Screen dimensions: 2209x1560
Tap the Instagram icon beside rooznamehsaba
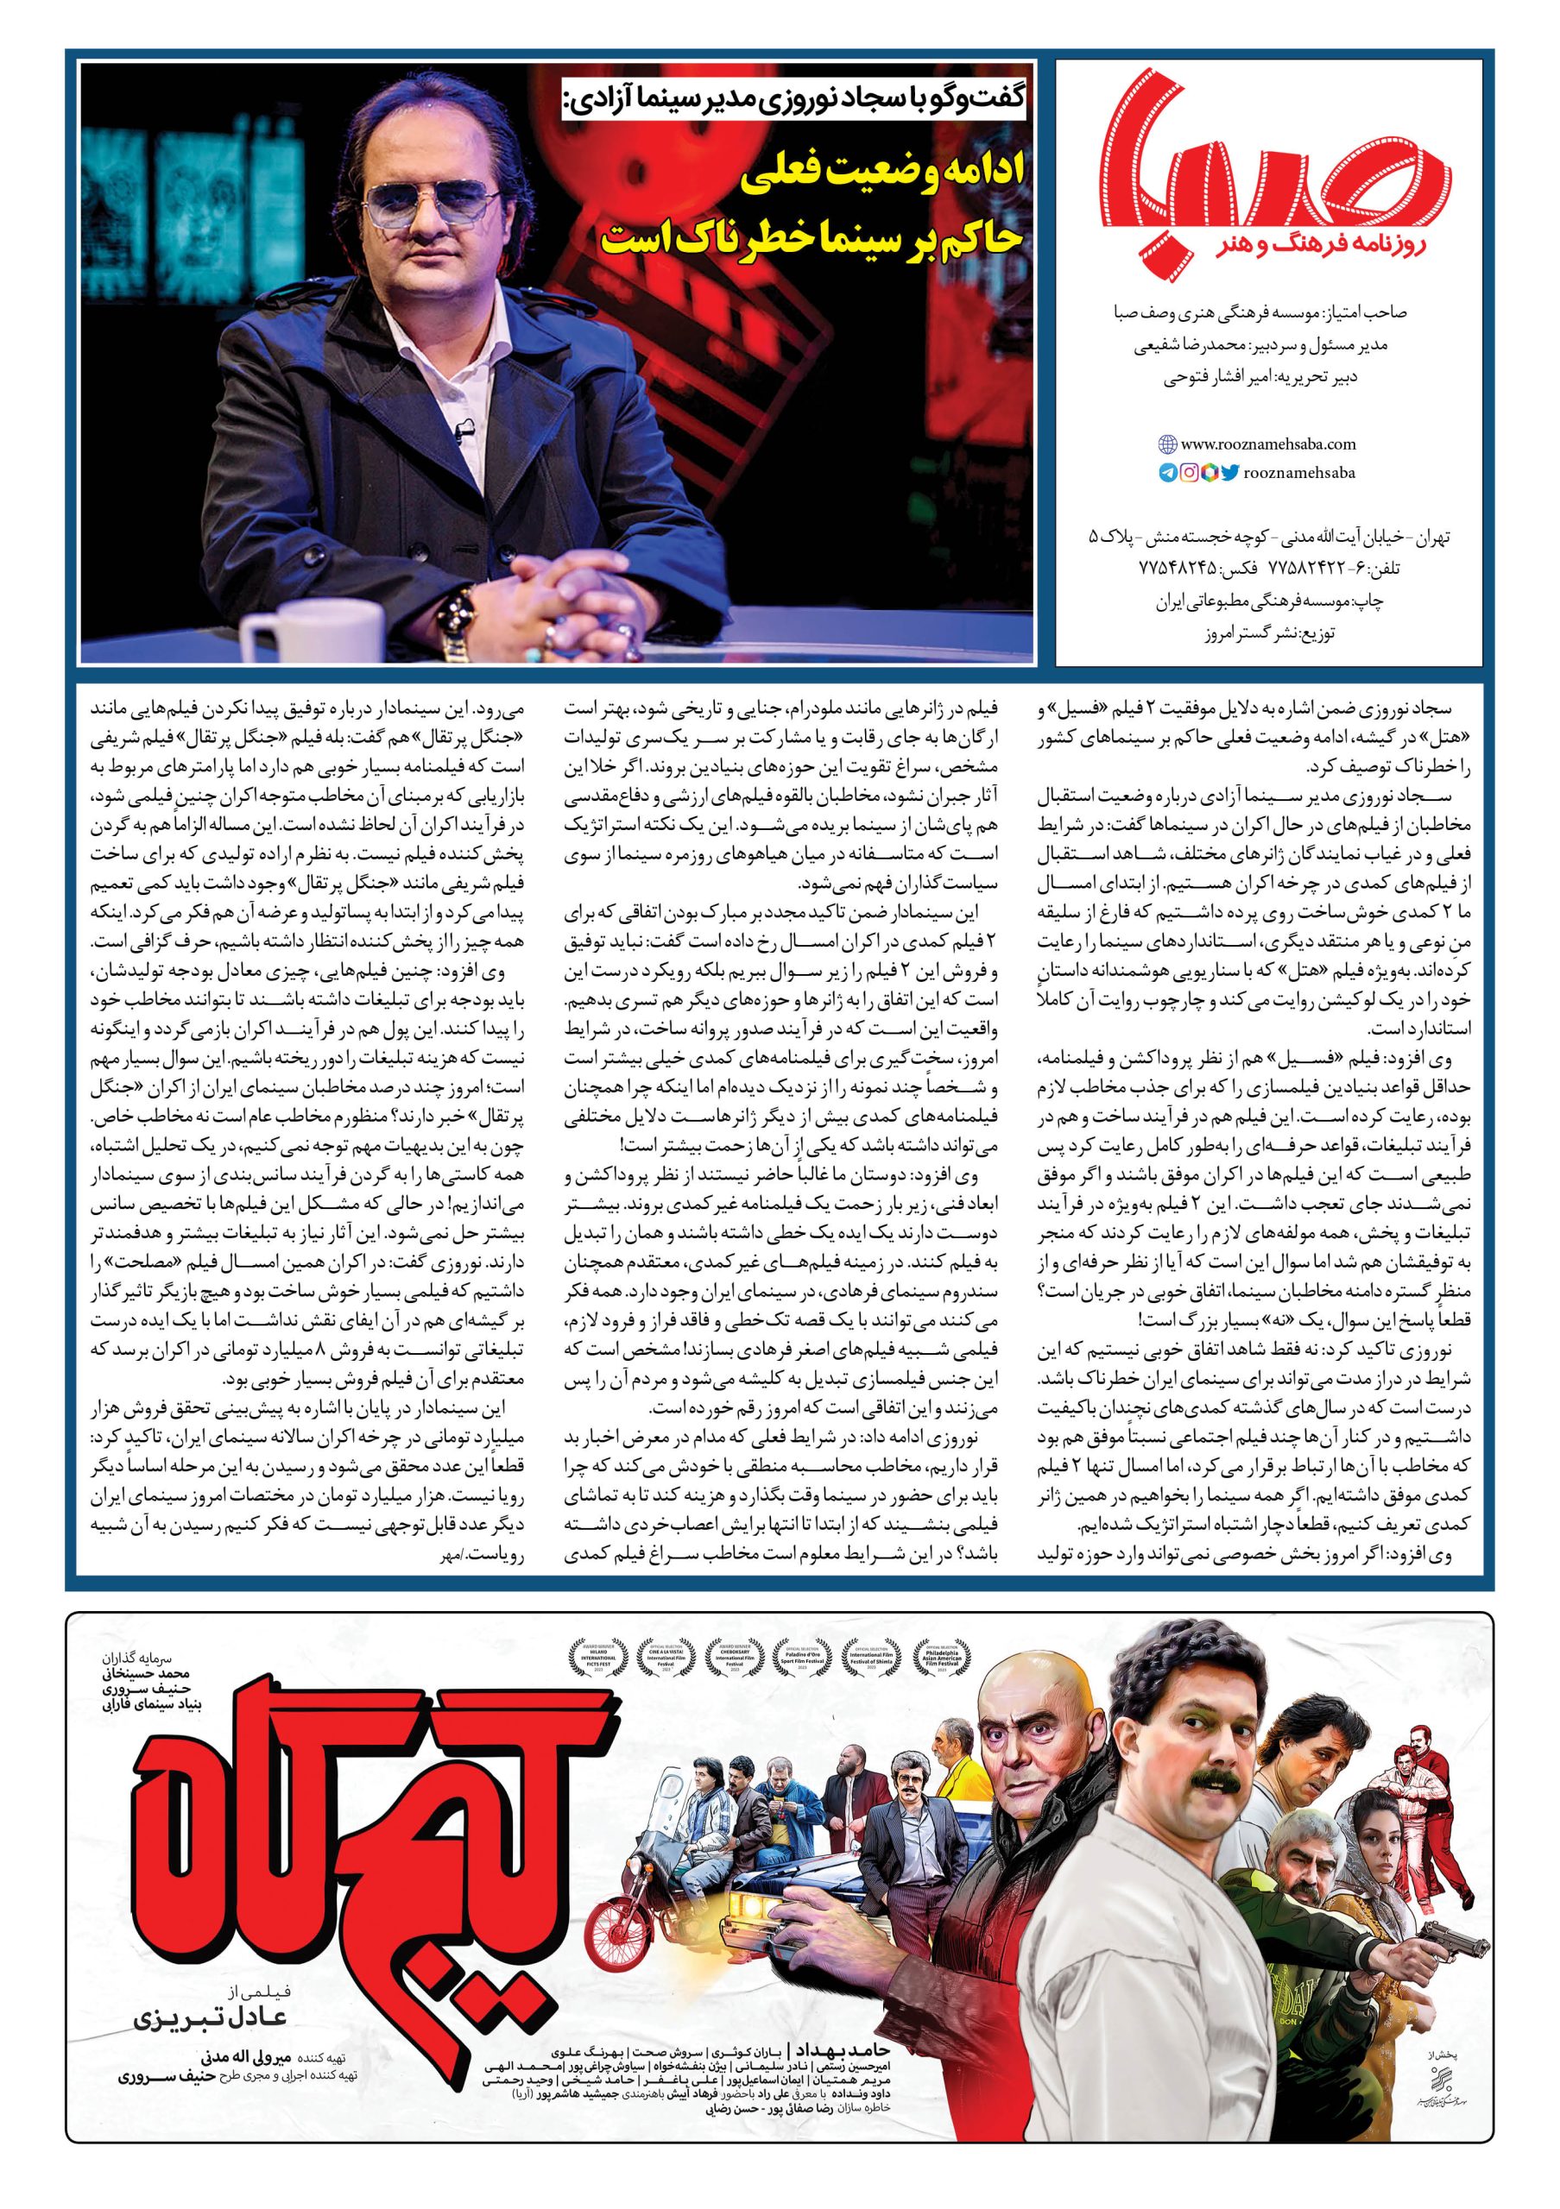click(1189, 472)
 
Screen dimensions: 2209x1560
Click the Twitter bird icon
click(1227, 472)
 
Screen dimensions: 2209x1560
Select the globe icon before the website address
click(1167, 444)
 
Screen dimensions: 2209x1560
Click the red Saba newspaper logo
click(1276, 169)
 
